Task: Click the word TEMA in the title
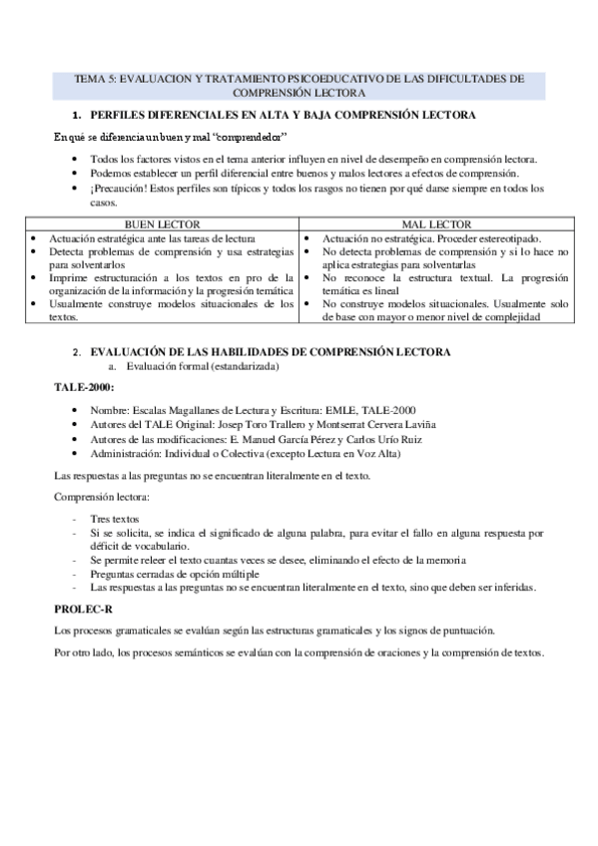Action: (90, 77)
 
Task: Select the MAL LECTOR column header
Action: (436, 224)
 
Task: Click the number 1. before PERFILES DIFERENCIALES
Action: (79, 116)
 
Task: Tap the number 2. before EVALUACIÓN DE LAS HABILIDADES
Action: (78, 352)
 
